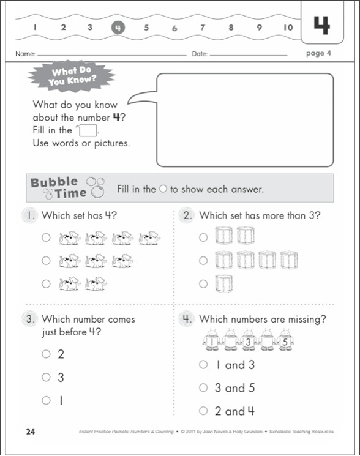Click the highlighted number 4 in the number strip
[x=118, y=28]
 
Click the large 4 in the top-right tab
[x=321, y=24]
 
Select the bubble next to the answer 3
[x=46, y=377]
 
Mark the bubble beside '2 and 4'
[x=203, y=411]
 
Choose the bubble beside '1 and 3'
[x=203, y=364]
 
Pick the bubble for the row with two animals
[x=46, y=283]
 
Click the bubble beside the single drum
[x=203, y=283]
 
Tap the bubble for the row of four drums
[x=203, y=261]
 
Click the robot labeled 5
[x=285, y=341]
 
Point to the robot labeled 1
[x=212, y=341]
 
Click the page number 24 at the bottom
[x=31, y=432]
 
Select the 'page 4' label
[x=318, y=53]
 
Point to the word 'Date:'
[x=200, y=54]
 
